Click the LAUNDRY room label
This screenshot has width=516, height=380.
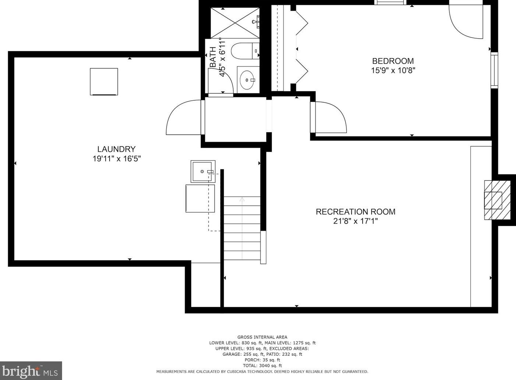(116, 149)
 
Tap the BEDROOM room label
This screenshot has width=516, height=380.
(393, 61)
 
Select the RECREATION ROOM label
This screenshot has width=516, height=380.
(355, 212)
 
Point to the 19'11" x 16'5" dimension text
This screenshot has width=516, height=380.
(117, 159)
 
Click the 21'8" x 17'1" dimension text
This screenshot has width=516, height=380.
(355, 221)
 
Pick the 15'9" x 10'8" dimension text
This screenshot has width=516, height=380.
(393, 70)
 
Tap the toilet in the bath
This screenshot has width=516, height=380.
(245, 51)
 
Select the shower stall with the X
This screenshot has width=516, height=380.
(235, 23)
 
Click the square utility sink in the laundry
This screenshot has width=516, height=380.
(203, 172)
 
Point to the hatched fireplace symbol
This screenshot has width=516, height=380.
(497, 200)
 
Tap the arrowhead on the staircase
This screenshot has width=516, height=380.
(242, 200)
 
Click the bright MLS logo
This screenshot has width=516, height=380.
(31, 370)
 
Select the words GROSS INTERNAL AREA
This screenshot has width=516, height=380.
(262, 337)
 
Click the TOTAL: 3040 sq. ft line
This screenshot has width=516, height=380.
(262, 366)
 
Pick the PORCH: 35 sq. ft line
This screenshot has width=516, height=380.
(262, 360)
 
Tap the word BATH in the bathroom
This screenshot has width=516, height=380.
(213, 57)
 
